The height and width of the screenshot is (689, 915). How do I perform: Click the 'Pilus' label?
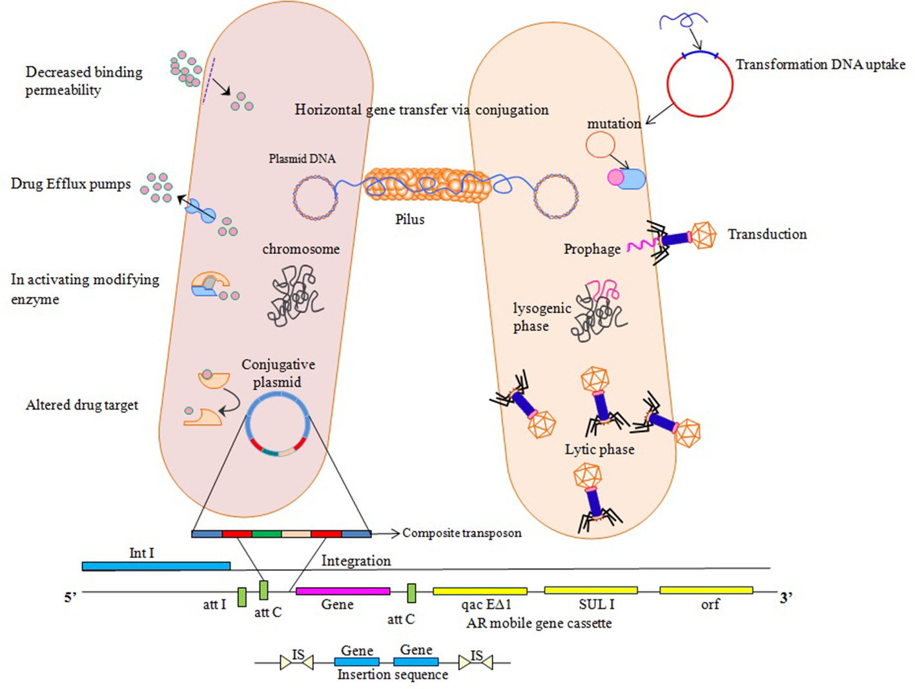pyautogui.click(x=410, y=220)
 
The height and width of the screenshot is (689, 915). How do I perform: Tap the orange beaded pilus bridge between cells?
pyautogui.click(x=426, y=185)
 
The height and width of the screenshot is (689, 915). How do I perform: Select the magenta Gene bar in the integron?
pyautogui.click(x=343, y=591)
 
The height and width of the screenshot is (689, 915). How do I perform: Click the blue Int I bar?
pyautogui.click(x=156, y=566)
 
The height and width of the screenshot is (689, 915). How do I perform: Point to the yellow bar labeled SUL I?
pyautogui.click(x=591, y=590)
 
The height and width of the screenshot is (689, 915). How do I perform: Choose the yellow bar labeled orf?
pyautogui.click(x=706, y=590)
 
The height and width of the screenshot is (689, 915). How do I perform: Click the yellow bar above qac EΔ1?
pyautogui.click(x=480, y=591)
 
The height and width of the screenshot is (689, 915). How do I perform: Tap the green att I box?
pyautogui.click(x=242, y=597)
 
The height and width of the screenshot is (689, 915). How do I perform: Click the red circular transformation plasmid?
pyautogui.click(x=700, y=84)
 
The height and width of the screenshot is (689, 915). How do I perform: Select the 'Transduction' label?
pyautogui.click(x=767, y=234)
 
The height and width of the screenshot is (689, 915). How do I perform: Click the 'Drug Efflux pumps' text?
pyautogui.click(x=70, y=184)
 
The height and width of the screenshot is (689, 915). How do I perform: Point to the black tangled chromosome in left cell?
pyautogui.click(x=294, y=296)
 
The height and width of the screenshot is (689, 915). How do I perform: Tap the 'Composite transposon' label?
pyautogui.click(x=462, y=533)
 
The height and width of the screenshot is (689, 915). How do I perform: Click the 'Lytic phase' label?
pyautogui.click(x=599, y=449)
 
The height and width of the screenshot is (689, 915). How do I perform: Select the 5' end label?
pyautogui.click(x=70, y=597)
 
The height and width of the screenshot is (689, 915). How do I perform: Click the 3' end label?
pyautogui.click(x=786, y=597)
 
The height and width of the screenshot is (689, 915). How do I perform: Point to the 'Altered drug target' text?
pyautogui.click(x=82, y=406)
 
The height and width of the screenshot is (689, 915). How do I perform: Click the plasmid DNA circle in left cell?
pyautogui.click(x=315, y=197)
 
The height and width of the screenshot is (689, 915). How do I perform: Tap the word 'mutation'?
pyautogui.click(x=613, y=124)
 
